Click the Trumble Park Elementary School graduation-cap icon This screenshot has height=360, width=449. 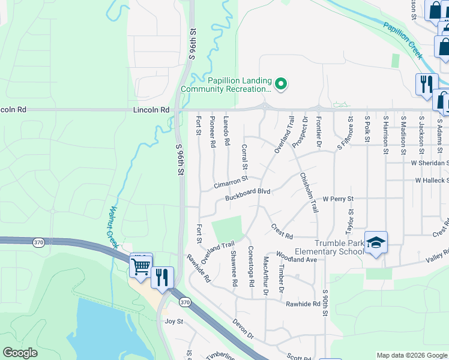point(376,242)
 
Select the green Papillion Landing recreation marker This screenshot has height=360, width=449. point(281,83)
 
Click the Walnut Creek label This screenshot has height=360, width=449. point(112,226)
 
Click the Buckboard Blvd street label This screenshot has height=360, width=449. point(248,194)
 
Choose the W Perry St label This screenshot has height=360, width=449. point(339,198)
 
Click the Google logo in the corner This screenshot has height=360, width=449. point(20,353)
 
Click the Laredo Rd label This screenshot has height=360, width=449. point(227,131)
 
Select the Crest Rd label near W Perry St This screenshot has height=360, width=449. point(282,231)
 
